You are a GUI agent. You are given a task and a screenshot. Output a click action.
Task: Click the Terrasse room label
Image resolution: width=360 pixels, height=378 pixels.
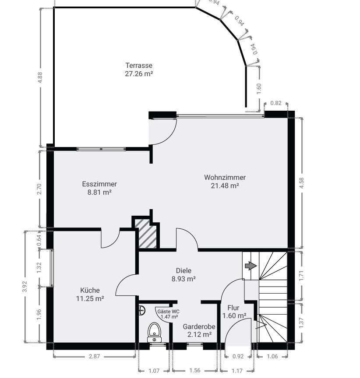click(139, 65)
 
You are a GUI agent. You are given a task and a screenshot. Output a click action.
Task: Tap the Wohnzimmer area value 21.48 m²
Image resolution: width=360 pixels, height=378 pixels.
click(225, 185)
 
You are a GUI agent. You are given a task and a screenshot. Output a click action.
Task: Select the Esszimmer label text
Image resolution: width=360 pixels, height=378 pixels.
click(99, 184)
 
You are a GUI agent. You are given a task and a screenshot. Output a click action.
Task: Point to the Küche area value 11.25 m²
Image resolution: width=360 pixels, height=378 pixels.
click(90, 298)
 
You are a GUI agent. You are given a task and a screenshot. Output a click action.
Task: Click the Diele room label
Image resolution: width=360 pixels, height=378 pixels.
click(184, 270)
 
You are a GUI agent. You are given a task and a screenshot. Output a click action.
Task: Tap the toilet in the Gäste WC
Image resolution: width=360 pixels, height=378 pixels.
click(154, 332)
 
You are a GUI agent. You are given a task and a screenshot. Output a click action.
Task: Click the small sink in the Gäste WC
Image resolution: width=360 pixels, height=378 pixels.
click(142, 311)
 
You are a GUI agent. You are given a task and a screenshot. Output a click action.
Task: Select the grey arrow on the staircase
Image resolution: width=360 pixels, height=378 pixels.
click(251, 266)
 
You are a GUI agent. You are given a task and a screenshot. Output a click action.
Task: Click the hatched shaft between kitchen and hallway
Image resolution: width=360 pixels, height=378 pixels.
click(145, 233)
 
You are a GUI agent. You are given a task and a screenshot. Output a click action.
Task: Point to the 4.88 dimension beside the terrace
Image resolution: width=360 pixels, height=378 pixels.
click(40, 77)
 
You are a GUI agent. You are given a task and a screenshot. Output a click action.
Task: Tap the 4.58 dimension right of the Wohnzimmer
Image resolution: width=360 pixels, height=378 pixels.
click(301, 183)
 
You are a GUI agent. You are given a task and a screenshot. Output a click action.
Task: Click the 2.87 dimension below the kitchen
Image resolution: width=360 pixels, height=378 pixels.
click(94, 356)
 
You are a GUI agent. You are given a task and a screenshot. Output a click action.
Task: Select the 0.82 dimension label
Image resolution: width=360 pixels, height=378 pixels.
click(276, 103)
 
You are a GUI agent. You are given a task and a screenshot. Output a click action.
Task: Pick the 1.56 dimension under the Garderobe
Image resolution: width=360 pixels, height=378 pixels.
click(195, 370)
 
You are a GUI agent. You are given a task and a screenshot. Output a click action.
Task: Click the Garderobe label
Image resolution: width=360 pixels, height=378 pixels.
click(199, 327)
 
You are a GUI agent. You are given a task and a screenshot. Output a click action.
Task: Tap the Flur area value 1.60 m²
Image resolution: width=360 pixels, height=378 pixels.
click(234, 315)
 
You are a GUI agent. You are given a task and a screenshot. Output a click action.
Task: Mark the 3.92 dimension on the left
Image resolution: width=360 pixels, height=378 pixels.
click(25, 287)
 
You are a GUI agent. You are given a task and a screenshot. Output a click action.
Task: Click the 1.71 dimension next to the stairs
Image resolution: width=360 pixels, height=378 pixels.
click(301, 276)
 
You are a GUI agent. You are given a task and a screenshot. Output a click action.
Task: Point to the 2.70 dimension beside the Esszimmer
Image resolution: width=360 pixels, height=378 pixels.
click(40, 189)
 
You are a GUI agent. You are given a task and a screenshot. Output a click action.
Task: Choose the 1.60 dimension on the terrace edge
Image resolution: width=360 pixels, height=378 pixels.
click(258, 89)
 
